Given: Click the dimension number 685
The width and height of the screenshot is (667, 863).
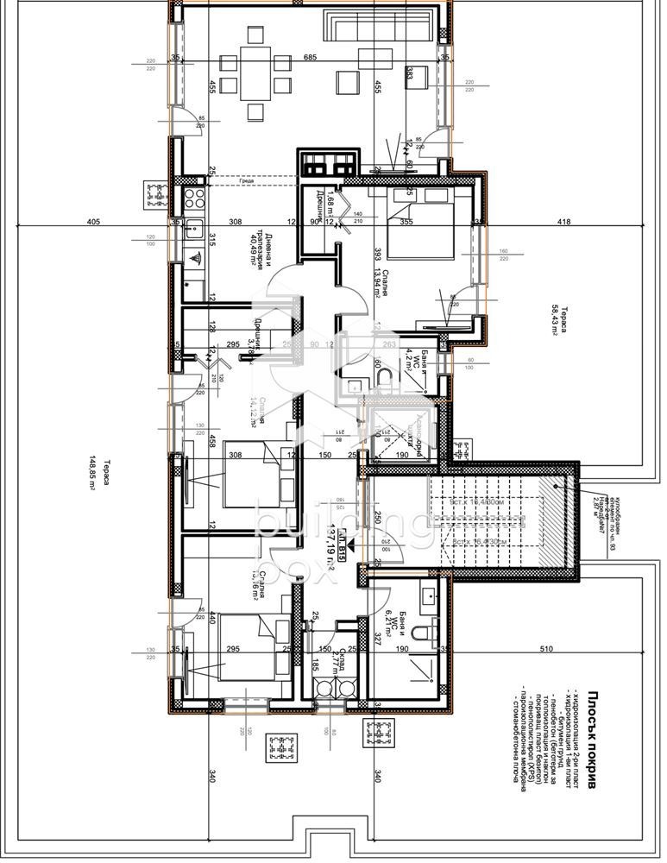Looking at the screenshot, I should [310, 58].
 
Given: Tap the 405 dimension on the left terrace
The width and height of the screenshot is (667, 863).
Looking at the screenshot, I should [94, 222].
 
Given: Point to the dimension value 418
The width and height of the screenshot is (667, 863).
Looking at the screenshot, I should [564, 222].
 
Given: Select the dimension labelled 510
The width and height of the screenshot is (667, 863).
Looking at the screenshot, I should [570, 648].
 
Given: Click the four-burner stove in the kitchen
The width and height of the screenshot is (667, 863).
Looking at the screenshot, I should [193, 198].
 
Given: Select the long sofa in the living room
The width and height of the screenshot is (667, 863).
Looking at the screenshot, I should [376, 24].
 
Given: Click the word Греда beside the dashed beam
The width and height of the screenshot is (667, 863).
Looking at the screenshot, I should [247, 181].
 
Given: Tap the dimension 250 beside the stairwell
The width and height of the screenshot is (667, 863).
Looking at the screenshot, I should [377, 517].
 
